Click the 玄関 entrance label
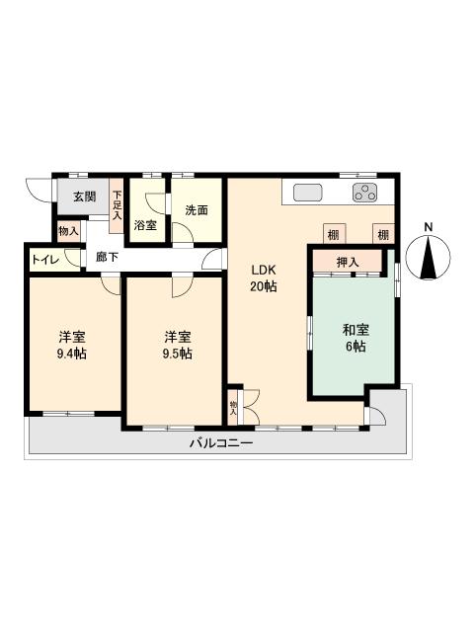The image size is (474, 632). [x=84, y=197]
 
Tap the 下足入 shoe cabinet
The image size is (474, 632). [x=117, y=205]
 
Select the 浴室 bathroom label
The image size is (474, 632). [x=145, y=225]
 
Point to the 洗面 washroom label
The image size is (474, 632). [x=197, y=210]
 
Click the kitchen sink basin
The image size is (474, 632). [x=307, y=193]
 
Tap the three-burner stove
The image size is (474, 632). [x=365, y=193]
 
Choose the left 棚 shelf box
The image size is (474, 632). [x=335, y=234]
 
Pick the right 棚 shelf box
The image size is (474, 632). [x=383, y=234]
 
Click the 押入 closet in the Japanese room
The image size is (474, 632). [x=348, y=262]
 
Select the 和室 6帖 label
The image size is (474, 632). [x=355, y=338]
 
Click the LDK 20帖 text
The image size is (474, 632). [x=264, y=278]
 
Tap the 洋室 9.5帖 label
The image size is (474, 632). [x=178, y=345]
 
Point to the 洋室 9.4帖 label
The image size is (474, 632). [x=72, y=345]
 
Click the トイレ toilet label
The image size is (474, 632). [x=46, y=259]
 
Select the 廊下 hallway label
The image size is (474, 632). [x=108, y=257]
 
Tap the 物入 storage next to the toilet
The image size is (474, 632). [x=68, y=231]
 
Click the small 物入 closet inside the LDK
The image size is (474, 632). [x=233, y=408]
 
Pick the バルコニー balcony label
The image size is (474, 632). [x=221, y=443]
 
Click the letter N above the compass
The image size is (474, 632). [x=428, y=227]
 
